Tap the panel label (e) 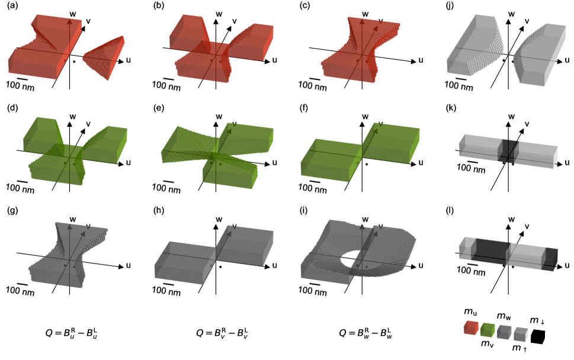(159, 109)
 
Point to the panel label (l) (450, 211)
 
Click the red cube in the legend (471, 327)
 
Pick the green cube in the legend (488, 330)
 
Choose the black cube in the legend (538, 336)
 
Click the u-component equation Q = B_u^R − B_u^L (71, 333)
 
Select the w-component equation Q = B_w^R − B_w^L (365, 333)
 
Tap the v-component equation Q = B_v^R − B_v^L (222, 333)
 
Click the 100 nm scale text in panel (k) (471, 168)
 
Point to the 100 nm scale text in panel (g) (20, 291)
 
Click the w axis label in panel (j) (511, 14)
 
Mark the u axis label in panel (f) (421, 162)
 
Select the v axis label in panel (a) (88, 21)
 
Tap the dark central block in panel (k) (508, 151)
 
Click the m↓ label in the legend (537, 320)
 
